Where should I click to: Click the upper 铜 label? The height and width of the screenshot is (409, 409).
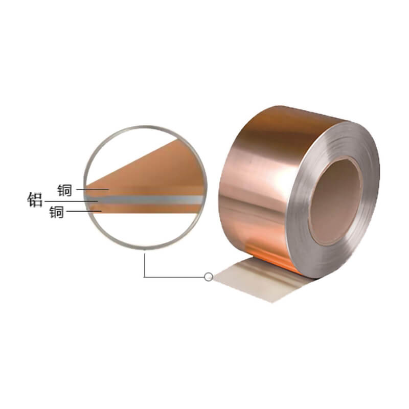click(x=64, y=190)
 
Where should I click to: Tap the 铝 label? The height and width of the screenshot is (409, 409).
click(x=35, y=200)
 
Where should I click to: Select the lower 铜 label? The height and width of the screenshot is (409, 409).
click(x=56, y=212)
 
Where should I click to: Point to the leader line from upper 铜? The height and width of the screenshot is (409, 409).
click(x=93, y=189)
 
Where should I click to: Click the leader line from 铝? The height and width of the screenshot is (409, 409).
click(x=71, y=201)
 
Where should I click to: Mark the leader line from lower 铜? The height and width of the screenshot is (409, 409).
click(x=84, y=211)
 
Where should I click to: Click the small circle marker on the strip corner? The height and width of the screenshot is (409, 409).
click(x=209, y=277)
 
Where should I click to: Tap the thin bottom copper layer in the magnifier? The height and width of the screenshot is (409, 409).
click(x=145, y=209)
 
